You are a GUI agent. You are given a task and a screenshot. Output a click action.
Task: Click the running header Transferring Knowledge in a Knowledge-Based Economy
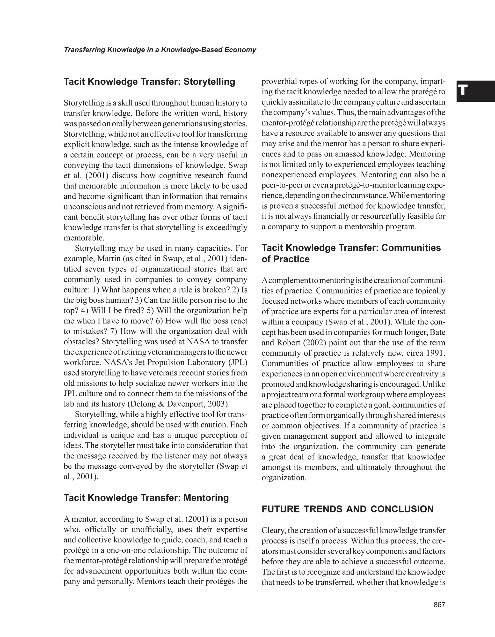[160, 50]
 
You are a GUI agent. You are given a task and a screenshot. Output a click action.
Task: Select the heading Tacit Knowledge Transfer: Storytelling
[149, 82]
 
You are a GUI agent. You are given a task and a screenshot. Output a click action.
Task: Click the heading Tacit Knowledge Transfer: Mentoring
[146, 498]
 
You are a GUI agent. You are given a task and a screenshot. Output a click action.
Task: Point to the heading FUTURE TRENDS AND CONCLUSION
[347, 509]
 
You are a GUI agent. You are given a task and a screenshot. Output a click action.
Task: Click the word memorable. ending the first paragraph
[84, 238]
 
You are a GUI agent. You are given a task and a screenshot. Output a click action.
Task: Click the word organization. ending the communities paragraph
[284, 478]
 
